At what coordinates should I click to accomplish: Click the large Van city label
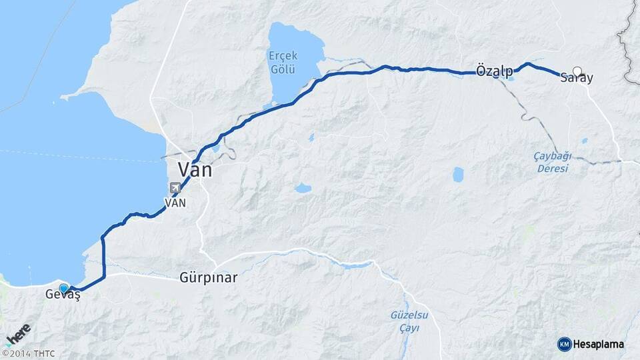[x=195, y=169]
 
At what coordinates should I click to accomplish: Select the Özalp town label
[x=495, y=71]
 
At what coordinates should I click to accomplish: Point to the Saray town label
[x=577, y=79]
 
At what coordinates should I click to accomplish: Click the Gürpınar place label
[x=208, y=277]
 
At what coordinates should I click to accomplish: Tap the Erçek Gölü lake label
[x=283, y=62]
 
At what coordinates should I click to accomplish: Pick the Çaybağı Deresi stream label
[x=553, y=162]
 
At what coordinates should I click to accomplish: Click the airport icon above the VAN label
[x=175, y=188]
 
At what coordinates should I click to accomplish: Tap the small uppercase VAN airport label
[x=175, y=202]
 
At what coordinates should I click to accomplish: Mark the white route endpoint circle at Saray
[x=577, y=71]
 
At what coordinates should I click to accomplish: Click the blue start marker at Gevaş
[x=63, y=288]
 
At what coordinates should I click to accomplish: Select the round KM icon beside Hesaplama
[x=564, y=344]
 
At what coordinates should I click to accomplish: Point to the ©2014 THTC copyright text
[x=29, y=353]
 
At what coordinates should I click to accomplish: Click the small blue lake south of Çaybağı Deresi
[x=458, y=175]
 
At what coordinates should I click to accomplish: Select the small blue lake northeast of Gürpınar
[x=303, y=188]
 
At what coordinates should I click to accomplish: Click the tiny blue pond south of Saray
[x=584, y=141]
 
